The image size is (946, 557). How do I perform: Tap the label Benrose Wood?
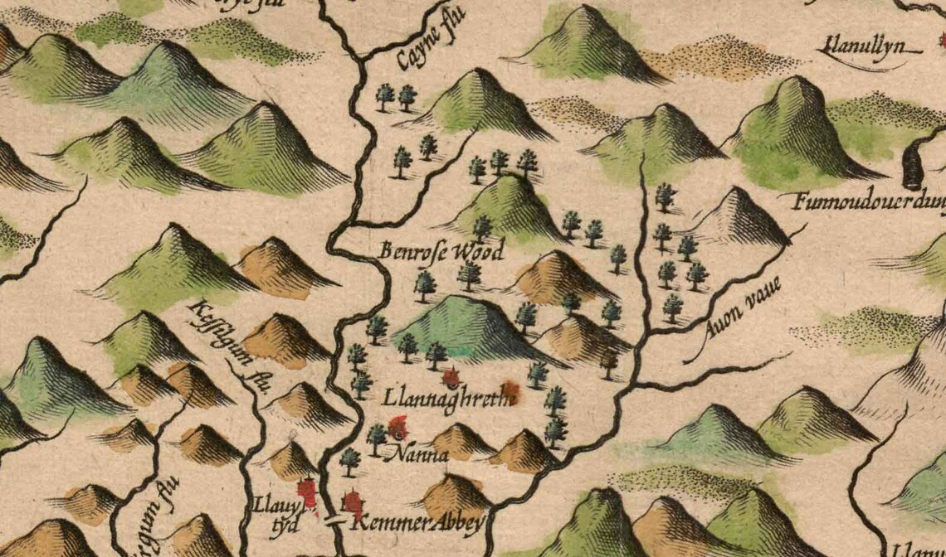(x=442, y=250)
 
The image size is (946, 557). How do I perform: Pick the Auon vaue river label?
(x=734, y=320)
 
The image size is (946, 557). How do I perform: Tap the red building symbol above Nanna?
(x=399, y=428)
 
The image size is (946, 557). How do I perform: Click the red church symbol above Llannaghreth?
(x=451, y=379)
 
